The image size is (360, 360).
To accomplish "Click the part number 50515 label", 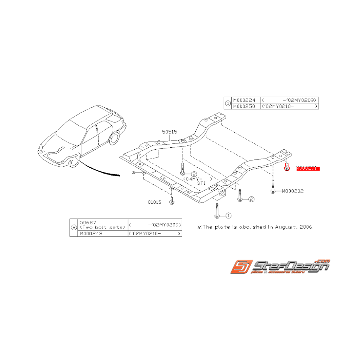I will [x=169, y=132].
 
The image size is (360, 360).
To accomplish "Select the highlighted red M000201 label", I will [x=308, y=168].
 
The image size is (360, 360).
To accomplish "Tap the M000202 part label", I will [x=293, y=191].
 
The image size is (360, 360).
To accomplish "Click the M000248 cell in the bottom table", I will [x=92, y=234].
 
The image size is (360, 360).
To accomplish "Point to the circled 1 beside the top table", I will [x=228, y=103].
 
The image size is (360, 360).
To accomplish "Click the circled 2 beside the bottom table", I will [x=74, y=228].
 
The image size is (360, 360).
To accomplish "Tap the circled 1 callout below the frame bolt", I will [x=228, y=215].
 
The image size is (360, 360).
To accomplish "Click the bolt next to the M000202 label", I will [x=273, y=187].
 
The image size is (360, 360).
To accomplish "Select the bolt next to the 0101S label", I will [x=172, y=200].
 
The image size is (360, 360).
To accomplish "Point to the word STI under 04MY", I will [x=201, y=184].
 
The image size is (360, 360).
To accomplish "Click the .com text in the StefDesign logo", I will [x=323, y=261].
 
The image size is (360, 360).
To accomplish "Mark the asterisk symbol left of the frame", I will [x=134, y=172].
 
